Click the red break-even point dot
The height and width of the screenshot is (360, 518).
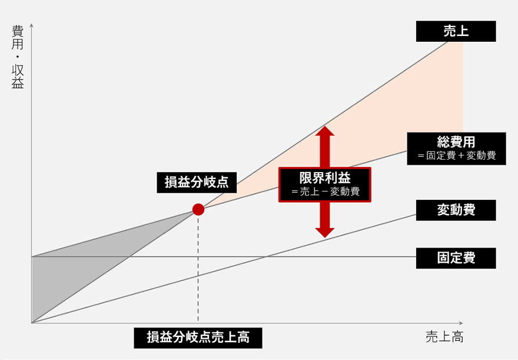[x=198, y=209]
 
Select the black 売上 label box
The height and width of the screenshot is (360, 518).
[x=456, y=31]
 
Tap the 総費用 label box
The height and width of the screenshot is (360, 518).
[x=456, y=148]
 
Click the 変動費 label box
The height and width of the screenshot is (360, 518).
[x=456, y=210]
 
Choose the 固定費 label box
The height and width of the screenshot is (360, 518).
[x=456, y=258]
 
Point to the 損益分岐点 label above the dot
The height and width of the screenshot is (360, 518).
[x=197, y=182]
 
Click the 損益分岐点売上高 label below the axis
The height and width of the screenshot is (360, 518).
[x=198, y=338]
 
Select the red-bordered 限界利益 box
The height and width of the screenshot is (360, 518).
[x=325, y=184]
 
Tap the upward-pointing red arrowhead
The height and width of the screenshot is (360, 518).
[x=325, y=131]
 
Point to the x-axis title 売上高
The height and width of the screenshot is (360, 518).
[x=444, y=338]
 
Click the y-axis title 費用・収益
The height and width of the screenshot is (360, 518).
[x=18, y=57]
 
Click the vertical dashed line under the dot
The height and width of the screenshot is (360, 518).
[x=198, y=265]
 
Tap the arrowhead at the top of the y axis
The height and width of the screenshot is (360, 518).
[x=31, y=25]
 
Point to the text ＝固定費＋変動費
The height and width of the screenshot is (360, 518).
[x=456, y=156]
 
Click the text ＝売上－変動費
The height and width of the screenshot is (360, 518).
[x=325, y=191]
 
